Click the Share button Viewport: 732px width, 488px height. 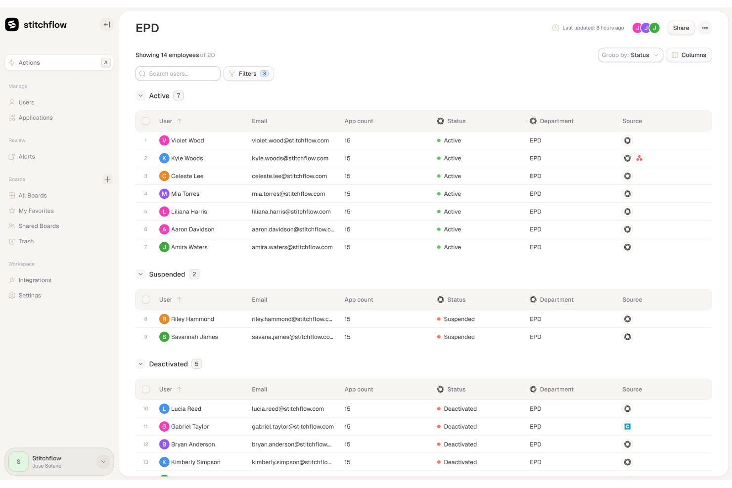coord(681,28)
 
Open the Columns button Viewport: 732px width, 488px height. coord(688,55)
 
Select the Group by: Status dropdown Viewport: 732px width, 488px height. coord(630,55)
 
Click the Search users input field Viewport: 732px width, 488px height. coord(178,74)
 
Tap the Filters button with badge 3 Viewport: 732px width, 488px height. coord(248,74)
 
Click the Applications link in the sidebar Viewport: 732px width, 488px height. coord(35,118)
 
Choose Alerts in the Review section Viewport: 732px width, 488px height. coord(27,157)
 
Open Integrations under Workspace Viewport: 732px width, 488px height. coord(35,280)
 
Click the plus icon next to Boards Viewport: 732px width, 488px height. coord(107,179)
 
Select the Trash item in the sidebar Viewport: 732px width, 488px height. coord(26,241)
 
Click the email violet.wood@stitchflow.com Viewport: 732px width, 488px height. coord(290,140)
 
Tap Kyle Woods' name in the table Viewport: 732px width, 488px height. coord(187,158)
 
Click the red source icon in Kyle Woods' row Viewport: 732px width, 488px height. coord(640,158)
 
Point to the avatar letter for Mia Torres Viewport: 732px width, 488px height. coord(164,194)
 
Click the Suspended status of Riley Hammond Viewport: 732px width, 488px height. coord(459,319)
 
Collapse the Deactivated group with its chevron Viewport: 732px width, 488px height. coord(140,364)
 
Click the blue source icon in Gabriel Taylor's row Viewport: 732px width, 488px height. coord(627,427)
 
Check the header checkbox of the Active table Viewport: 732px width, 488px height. coord(146,121)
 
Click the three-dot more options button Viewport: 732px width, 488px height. coord(705,28)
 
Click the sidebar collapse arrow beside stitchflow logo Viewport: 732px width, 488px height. coord(107,25)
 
